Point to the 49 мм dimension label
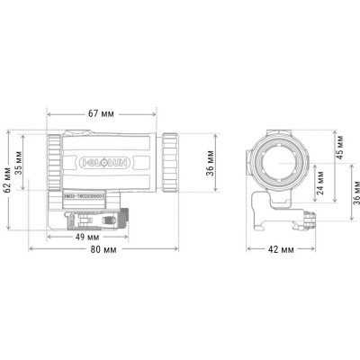pos(86,237)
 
